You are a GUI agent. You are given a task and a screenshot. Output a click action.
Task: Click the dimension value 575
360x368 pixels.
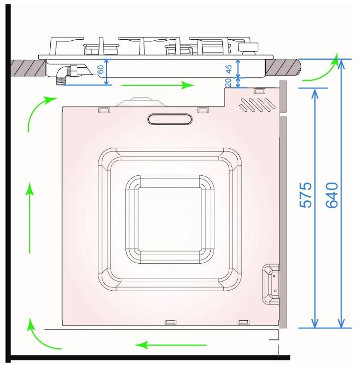point(305,195)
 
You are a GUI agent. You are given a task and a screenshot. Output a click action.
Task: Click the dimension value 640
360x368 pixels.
point(332,195)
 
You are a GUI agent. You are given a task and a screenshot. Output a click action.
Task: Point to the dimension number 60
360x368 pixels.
point(100,69)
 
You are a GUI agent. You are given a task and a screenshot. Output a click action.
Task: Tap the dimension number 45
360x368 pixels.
point(228,69)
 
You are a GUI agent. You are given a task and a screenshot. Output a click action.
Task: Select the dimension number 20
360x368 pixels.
point(228,82)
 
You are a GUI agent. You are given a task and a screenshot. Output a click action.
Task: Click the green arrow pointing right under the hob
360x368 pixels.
point(158,85)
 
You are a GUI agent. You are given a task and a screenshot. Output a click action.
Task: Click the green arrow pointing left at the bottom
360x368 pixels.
point(170,345)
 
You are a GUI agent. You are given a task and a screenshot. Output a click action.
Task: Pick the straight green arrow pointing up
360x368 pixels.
point(30,218)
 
